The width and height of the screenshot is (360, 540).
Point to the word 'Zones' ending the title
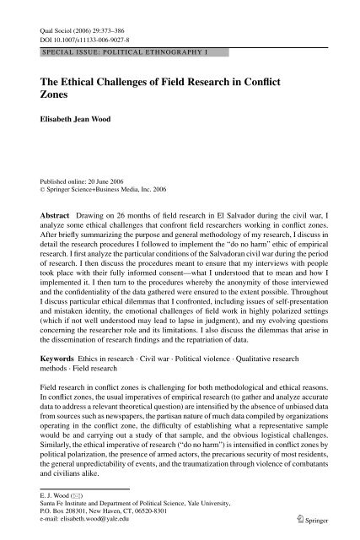click(58, 97)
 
